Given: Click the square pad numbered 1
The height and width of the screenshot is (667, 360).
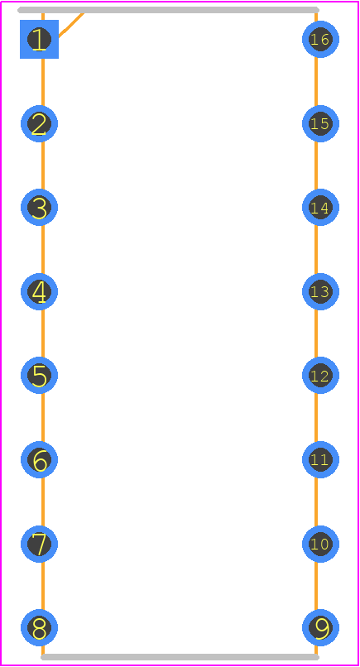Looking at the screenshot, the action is click(x=39, y=39).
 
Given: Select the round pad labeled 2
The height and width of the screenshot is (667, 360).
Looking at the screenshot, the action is click(x=39, y=124).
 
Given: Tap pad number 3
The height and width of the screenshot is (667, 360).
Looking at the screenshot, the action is click(x=39, y=208).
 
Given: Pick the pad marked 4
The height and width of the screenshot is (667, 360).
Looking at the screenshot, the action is click(x=39, y=292).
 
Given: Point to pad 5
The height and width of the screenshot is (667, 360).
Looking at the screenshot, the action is click(x=39, y=375).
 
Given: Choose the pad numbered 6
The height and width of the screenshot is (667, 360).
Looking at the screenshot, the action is click(x=39, y=460).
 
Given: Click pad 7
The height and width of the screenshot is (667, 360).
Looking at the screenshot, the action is click(x=39, y=544).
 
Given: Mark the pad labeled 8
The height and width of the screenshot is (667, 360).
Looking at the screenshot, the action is click(x=39, y=627).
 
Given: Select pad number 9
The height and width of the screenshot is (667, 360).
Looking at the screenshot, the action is click(x=320, y=627).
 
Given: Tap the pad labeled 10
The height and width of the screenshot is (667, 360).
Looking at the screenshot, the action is click(x=320, y=544).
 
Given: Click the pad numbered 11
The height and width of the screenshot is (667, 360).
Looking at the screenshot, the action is click(x=320, y=460).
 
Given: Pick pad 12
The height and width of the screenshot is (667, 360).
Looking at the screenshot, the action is click(x=320, y=375).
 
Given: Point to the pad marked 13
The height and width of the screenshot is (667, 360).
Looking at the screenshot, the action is click(x=320, y=292).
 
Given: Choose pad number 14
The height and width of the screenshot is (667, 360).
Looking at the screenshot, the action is click(x=320, y=208).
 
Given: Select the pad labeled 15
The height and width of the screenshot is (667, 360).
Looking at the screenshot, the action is click(x=320, y=124).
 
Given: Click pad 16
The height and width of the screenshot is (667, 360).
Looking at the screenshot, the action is click(x=320, y=39).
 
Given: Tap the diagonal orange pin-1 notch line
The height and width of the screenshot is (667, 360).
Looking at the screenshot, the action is click(x=71, y=25).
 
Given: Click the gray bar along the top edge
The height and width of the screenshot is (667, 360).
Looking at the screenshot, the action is click(x=168, y=10).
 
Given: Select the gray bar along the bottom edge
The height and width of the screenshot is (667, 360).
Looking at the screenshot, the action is click(x=180, y=657).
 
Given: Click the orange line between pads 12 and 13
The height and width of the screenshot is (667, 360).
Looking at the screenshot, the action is click(x=316, y=333).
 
